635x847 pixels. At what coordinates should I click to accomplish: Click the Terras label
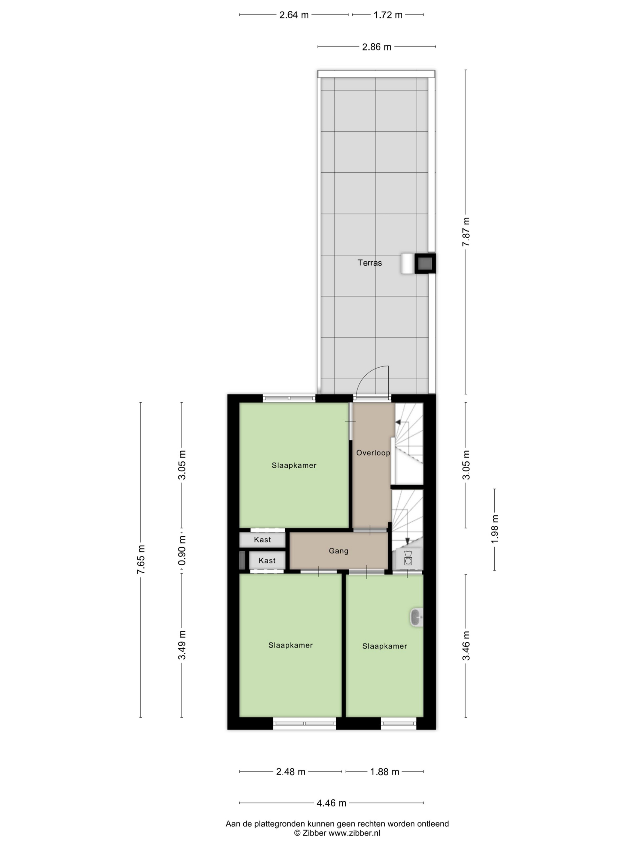[x=369, y=263]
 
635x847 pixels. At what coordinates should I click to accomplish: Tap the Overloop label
[x=373, y=453]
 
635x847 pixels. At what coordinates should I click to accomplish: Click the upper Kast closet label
[x=262, y=540]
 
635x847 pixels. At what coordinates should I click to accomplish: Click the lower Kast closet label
[x=267, y=560]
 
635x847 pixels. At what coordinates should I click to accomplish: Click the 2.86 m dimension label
[x=377, y=47]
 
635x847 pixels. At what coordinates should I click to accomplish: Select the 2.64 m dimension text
[x=294, y=15]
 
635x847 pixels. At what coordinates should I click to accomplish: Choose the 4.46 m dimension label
[x=331, y=803]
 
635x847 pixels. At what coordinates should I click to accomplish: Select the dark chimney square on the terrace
[x=425, y=263]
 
